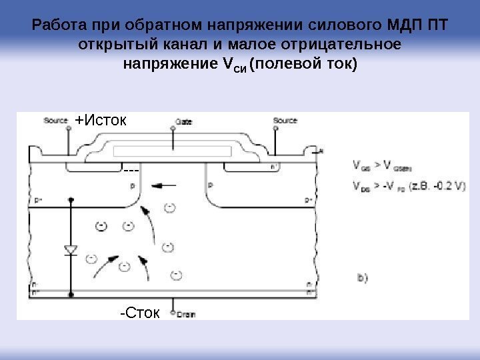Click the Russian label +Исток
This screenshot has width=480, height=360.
point(104,121)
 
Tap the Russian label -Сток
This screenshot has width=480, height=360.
point(139,312)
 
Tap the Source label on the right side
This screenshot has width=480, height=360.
point(285,121)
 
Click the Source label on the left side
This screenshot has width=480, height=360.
point(56,121)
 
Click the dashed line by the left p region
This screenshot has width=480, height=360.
point(131,171)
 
